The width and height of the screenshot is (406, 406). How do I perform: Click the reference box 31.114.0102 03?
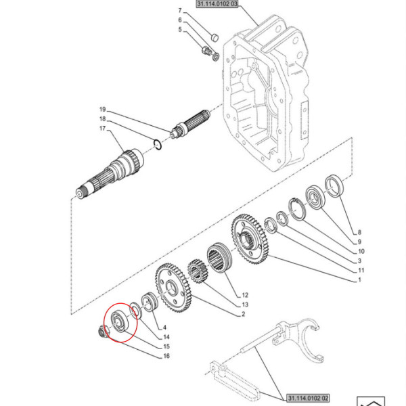click(x=217, y=4)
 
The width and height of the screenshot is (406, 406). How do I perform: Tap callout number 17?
click(x=103, y=129)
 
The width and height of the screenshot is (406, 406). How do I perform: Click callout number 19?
click(x=103, y=110)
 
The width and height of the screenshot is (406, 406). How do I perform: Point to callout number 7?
click(x=180, y=12)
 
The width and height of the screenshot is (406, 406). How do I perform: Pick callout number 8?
click(x=360, y=231)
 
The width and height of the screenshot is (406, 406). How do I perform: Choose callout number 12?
click(x=245, y=296)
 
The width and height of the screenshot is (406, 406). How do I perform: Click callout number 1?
click(x=360, y=280)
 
